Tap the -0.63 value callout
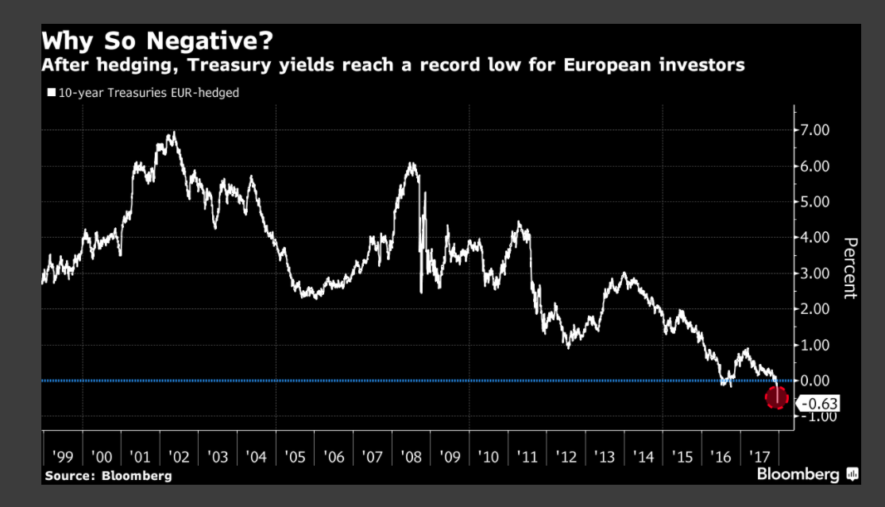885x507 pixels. tap(818, 404)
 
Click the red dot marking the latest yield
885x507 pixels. tap(776, 397)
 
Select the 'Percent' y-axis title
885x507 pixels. tap(850, 268)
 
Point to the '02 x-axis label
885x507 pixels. tap(178, 457)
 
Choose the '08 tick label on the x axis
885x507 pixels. tap(412, 457)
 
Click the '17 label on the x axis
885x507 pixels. tap(759, 457)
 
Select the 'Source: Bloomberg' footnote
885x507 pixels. tap(108, 476)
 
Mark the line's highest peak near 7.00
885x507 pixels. tap(174, 133)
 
